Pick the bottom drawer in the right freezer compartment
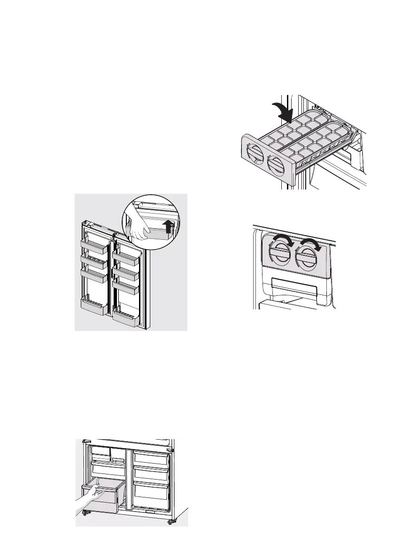coord(151,492)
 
